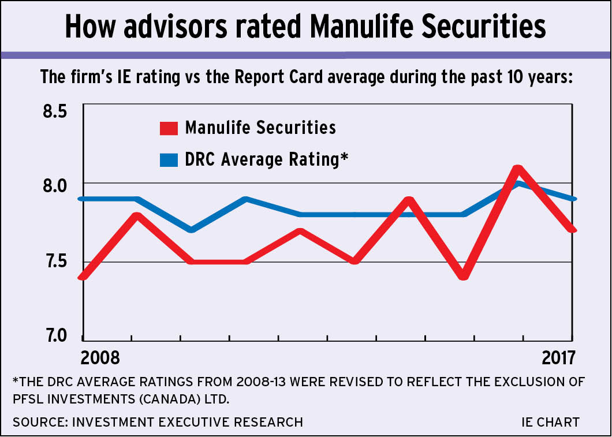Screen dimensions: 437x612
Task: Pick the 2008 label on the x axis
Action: coord(100,358)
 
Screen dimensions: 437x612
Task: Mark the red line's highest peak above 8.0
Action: coord(518,169)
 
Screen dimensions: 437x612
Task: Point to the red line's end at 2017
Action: coord(572,229)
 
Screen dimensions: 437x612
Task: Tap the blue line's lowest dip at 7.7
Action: coord(191,230)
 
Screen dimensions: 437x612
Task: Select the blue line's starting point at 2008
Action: coord(84,199)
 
